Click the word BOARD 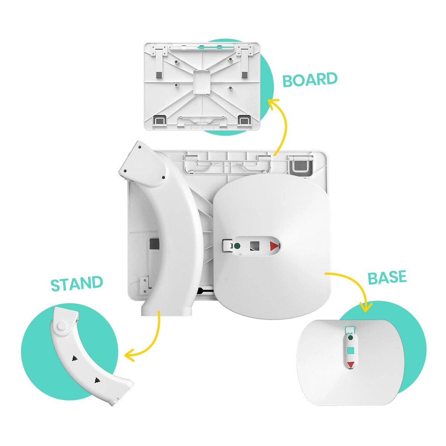click(310, 80)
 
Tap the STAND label click(77, 283)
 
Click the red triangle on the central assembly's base click(274, 246)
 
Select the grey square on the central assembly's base click(255, 246)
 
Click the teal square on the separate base click(350, 350)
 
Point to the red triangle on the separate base click(350, 365)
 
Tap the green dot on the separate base click(350, 338)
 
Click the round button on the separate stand click(62, 326)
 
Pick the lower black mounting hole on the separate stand click(97, 380)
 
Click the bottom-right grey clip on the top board click(245, 120)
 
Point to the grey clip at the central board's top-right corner click(301, 165)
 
